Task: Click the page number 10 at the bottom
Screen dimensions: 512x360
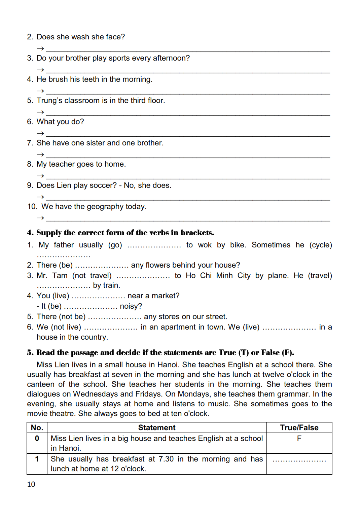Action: pos(31,484)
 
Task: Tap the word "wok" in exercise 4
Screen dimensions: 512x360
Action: pos(205,245)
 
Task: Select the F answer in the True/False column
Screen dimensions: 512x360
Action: pos(299,438)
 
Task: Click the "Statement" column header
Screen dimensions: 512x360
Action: pos(157,428)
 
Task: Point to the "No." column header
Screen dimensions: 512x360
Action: pos(37,428)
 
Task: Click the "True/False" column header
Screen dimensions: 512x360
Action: pos(299,428)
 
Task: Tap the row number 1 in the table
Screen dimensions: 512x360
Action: pos(37,459)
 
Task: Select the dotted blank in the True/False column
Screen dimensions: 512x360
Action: pos(299,460)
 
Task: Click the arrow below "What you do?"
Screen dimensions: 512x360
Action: pos(40,133)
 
